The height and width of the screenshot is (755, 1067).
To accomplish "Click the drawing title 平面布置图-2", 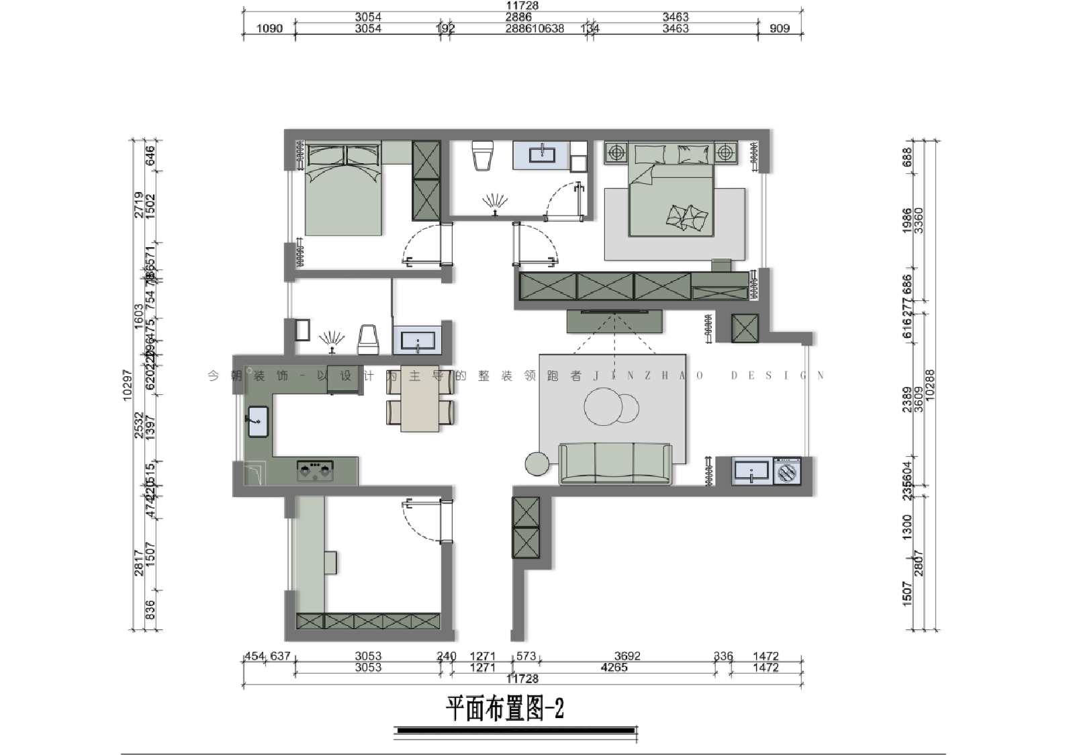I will click(505, 709).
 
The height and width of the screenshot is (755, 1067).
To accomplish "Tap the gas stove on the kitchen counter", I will click(315, 470).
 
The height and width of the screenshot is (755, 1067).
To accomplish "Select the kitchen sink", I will click(258, 422).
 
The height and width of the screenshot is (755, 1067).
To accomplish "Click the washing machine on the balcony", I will click(787, 471).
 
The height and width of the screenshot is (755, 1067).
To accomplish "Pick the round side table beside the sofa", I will click(537, 463).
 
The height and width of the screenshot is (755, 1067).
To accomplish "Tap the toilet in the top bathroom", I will click(483, 155).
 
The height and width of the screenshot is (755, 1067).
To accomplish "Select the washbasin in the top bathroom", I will click(541, 155).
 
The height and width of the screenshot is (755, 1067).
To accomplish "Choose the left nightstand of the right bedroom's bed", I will click(615, 152).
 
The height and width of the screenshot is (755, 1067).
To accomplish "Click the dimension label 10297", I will click(128, 386).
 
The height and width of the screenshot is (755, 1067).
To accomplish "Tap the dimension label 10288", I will click(930, 386).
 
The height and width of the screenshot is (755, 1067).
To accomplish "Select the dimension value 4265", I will click(614, 667).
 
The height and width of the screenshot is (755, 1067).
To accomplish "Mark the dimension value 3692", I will click(627, 656).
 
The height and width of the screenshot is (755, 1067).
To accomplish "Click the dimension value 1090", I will click(270, 28).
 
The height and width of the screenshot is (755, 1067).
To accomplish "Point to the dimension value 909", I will click(779, 28).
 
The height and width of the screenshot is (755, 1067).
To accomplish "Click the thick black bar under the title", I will click(516, 730).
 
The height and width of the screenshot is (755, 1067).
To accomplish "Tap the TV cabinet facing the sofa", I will click(615, 321).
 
